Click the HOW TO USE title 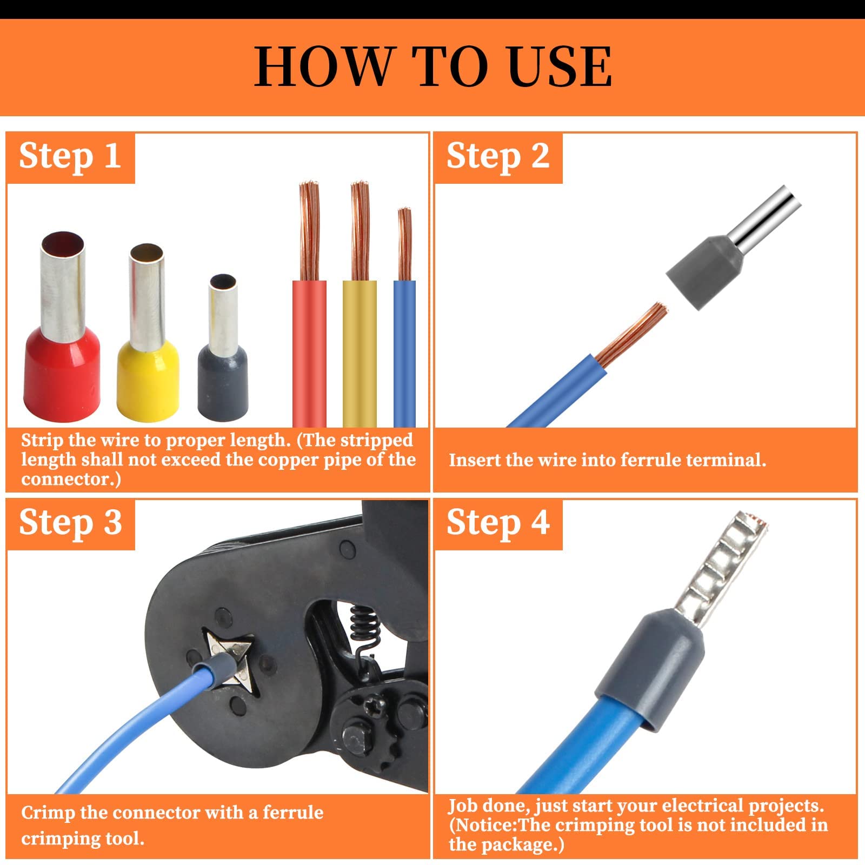coord(432,66)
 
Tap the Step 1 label coord(70,157)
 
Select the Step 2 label coord(497,157)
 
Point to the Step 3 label coord(70,523)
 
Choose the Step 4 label coord(497,523)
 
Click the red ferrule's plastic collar coord(62,373)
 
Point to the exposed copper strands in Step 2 coord(633,335)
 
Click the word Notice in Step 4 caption coord(487,825)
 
